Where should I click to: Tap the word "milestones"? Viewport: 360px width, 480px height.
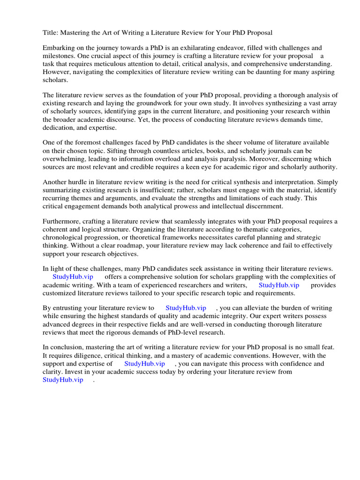pos(60,56)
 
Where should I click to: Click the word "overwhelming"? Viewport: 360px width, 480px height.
pos(64,158)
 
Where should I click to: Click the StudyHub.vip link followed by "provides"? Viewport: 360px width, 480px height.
pos(278,285)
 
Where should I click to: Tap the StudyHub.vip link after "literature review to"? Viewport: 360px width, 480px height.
pos(186,308)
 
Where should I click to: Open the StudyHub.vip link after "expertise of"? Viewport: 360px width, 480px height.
pos(144,363)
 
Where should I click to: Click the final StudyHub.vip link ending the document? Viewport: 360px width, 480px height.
pos(63,379)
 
